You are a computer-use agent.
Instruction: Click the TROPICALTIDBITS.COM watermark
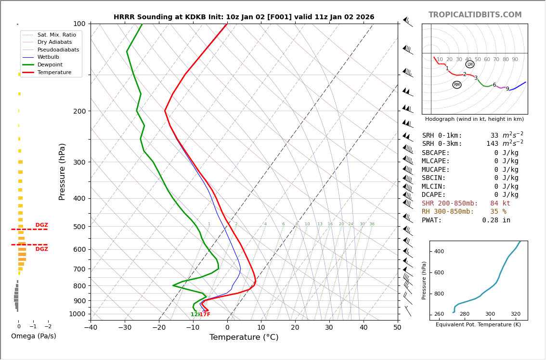click(x=475, y=15)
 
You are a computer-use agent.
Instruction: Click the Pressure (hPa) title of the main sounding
click(x=62, y=171)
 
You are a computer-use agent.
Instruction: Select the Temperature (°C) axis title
click(x=244, y=337)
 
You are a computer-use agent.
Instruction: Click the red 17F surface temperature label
click(x=205, y=315)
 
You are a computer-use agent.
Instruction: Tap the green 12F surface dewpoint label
click(x=195, y=315)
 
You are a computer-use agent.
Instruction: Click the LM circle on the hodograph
click(x=470, y=64)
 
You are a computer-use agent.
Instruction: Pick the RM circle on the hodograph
click(x=456, y=85)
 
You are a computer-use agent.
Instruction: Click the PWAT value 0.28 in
click(x=496, y=220)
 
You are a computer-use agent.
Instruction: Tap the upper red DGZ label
click(x=42, y=225)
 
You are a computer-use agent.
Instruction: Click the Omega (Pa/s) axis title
click(x=34, y=336)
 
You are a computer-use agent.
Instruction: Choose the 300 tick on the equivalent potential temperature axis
click(x=490, y=314)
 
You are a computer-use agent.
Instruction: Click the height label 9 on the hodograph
click(x=507, y=89)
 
